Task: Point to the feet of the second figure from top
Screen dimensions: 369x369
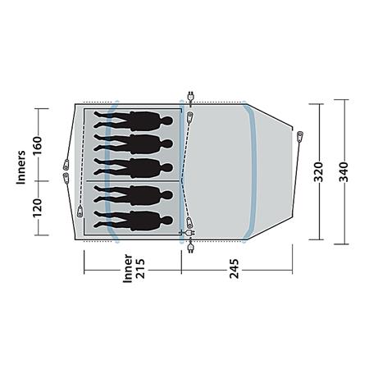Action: click(x=101, y=143)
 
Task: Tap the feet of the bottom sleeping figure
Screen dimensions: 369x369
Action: click(x=101, y=220)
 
